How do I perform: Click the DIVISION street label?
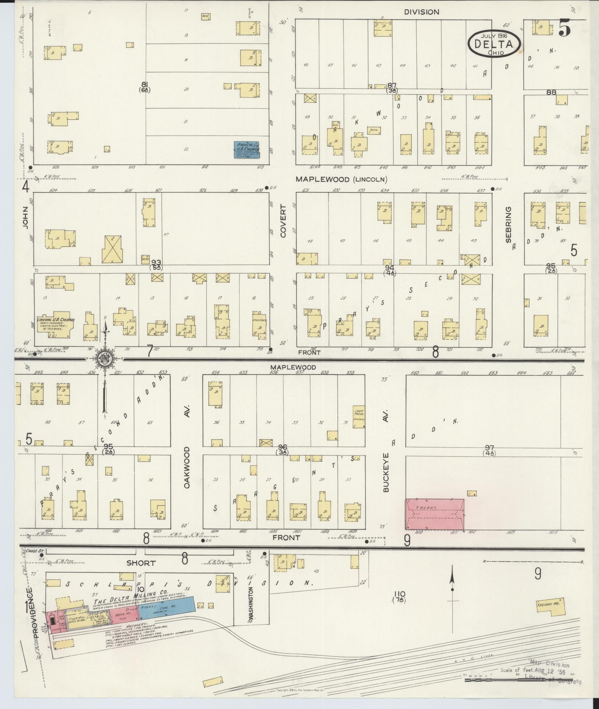click(421, 12)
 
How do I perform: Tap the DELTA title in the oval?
click(494, 44)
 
